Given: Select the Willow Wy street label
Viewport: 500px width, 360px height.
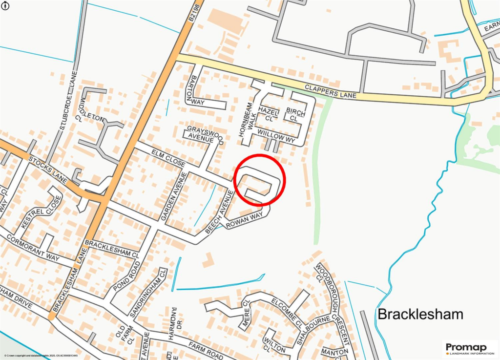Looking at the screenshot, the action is [276, 133].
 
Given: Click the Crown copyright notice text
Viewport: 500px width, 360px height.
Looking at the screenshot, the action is [41, 356].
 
